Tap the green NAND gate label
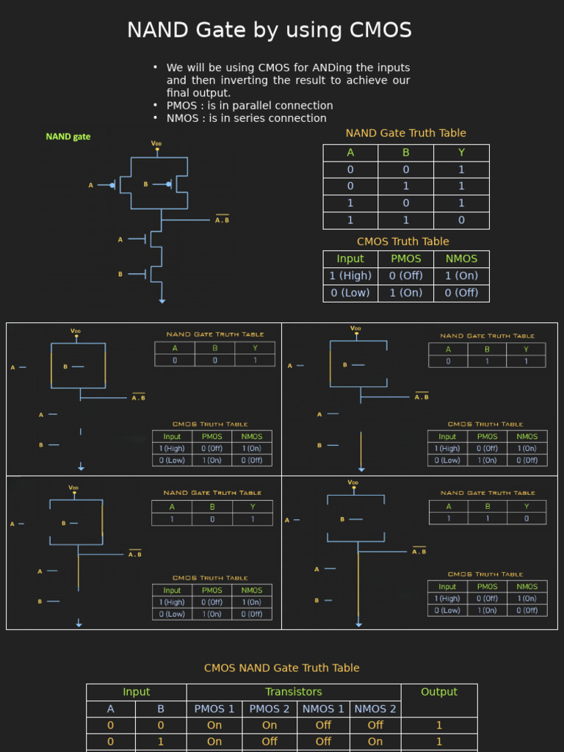(x=68, y=137)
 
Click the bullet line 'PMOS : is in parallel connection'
(x=250, y=105)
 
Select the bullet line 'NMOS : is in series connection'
(x=246, y=118)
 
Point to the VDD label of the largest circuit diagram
(x=156, y=143)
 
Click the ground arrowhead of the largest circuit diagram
(x=162, y=300)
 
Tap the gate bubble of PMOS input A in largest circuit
(x=112, y=185)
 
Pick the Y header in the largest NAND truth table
(x=461, y=153)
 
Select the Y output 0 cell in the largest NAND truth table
(x=461, y=220)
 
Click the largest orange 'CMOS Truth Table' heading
(x=402, y=241)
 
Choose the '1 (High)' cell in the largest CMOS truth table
(x=350, y=275)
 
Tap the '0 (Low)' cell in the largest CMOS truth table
(x=350, y=292)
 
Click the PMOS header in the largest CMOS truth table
(x=406, y=258)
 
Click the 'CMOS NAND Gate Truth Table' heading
(x=281, y=668)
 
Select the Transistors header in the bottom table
(x=294, y=692)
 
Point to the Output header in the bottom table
(x=439, y=692)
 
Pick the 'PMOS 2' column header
(x=270, y=709)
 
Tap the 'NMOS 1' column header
(x=323, y=709)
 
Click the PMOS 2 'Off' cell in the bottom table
(x=270, y=742)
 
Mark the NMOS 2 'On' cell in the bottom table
(x=375, y=742)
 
